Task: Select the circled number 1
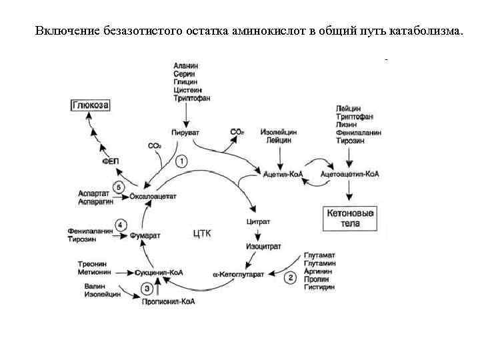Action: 181,161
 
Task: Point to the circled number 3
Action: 148,288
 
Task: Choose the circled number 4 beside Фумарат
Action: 121,225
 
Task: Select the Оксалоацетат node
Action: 153,197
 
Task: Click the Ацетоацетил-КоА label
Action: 350,175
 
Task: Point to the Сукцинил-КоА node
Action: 159,273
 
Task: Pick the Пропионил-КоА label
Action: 169,301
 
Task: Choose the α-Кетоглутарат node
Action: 239,273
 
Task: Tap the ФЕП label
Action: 109,161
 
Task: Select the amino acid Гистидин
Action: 319,288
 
